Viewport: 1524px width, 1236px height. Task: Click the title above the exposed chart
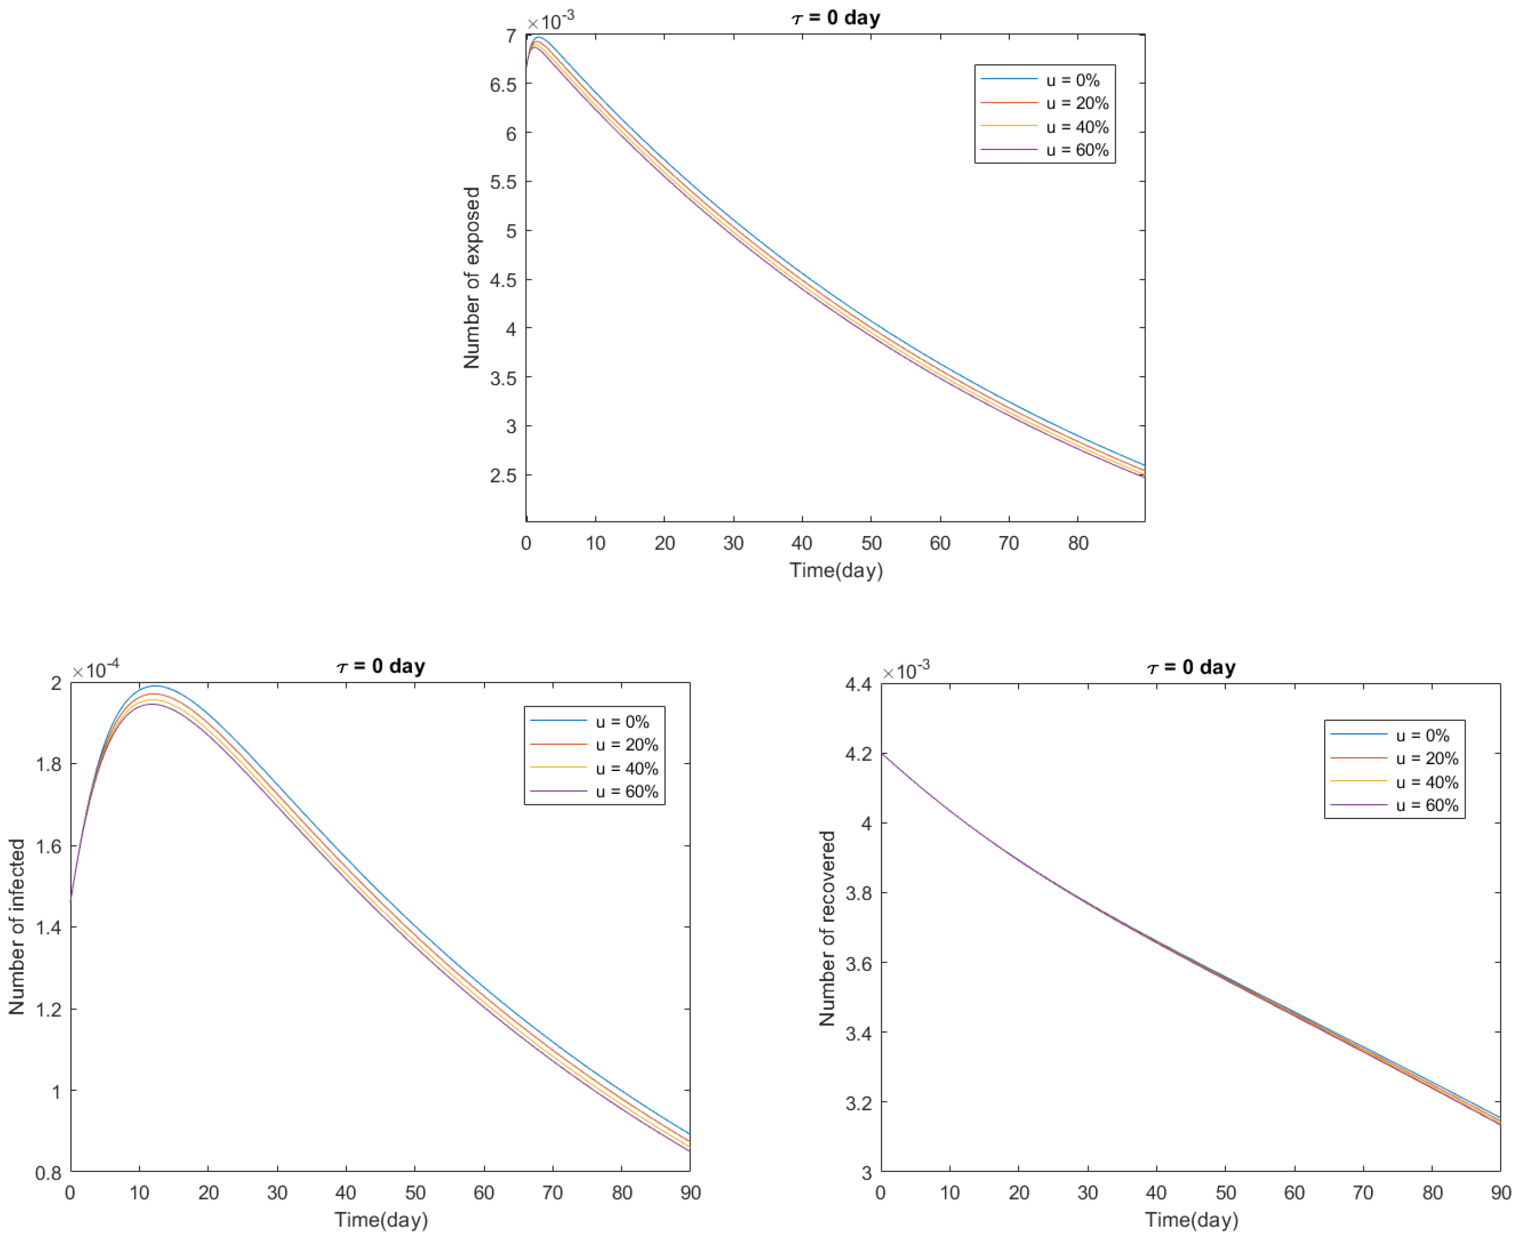click(835, 17)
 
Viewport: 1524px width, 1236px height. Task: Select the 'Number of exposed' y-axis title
click(471, 278)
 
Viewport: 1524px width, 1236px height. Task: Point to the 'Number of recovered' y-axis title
click(827, 928)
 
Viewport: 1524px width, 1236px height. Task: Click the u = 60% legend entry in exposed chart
click(1077, 150)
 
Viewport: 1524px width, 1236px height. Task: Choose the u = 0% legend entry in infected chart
click(622, 722)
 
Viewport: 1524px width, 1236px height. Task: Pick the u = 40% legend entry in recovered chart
click(1426, 782)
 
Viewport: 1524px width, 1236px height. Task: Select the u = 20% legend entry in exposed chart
click(1077, 103)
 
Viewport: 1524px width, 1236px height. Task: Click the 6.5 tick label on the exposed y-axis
click(503, 85)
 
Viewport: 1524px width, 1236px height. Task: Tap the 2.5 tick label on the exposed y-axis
click(503, 476)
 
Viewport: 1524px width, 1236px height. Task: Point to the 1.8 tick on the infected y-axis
click(49, 765)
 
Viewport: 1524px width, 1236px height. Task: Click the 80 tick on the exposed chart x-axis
click(1078, 543)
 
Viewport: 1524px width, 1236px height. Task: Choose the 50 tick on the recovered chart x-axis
click(1225, 1193)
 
